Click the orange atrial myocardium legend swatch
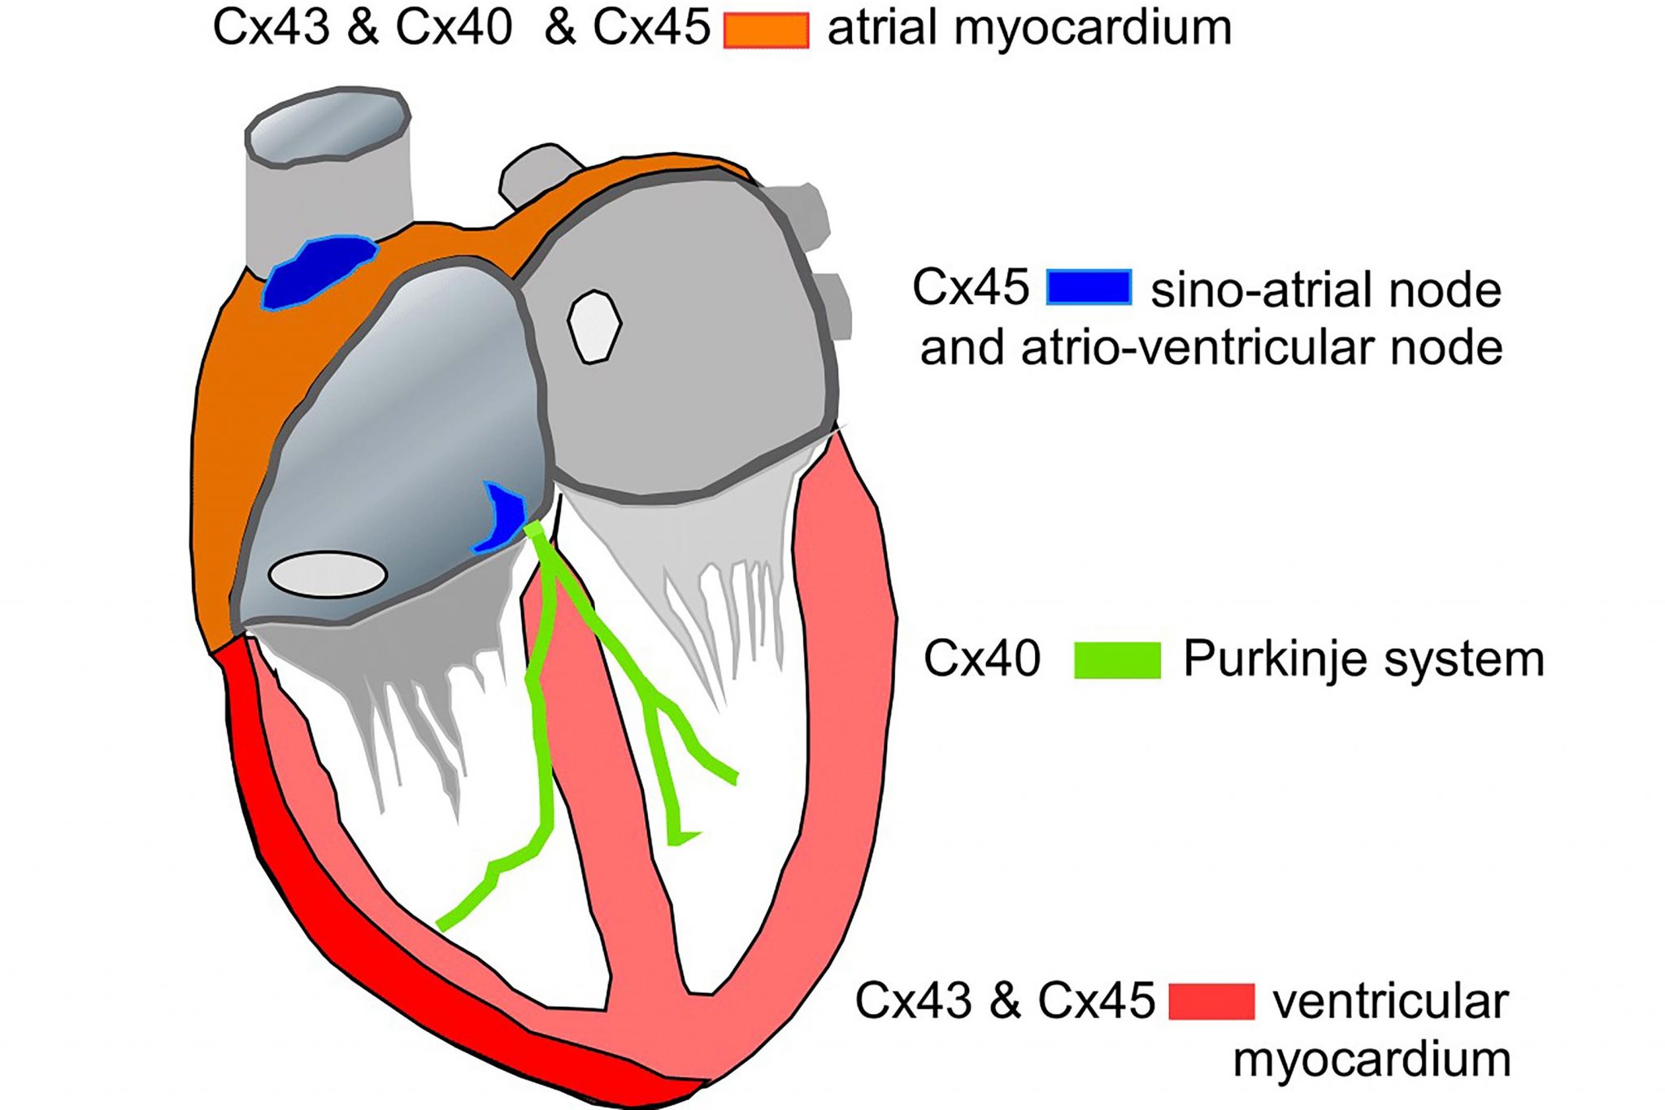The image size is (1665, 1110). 766,31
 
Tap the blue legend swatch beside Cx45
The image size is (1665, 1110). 1089,287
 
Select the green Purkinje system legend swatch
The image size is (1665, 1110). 1117,659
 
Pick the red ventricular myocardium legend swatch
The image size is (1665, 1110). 1211,1001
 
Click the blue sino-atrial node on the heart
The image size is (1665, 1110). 319,272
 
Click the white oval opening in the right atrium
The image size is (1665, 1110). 328,574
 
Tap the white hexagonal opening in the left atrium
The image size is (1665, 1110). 594,326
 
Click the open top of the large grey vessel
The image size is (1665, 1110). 328,125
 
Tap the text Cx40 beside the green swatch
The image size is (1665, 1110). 981,659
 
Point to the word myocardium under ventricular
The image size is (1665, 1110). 1372,1060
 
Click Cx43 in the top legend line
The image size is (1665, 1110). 271,28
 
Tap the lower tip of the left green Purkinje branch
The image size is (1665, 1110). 441,925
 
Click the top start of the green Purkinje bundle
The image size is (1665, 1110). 534,530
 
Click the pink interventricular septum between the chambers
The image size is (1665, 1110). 602,813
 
